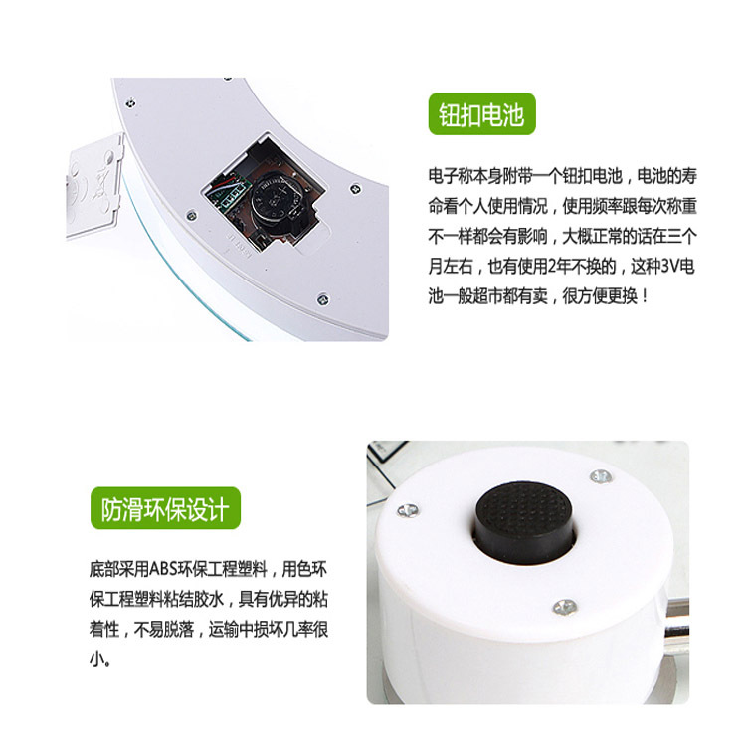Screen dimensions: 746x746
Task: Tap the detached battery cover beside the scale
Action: [x=93, y=187]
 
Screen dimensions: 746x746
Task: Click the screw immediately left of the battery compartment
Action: [x=191, y=215]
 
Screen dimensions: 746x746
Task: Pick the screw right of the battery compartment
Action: [x=355, y=189]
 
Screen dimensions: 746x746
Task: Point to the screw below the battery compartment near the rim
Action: [x=322, y=299]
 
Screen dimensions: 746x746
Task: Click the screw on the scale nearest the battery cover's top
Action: [x=130, y=102]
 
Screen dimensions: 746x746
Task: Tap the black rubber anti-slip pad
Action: [x=523, y=520]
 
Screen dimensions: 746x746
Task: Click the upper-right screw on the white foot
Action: [x=601, y=475]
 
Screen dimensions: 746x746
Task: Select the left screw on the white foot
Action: [x=408, y=510]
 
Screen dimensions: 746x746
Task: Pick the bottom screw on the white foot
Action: [x=565, y=607]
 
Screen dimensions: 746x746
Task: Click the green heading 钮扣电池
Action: [x=482, y=114]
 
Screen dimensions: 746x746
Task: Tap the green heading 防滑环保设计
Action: [x=165, y=508]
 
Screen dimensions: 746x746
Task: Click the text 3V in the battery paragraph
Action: [x=671, y=267]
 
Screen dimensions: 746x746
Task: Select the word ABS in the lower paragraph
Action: [x=163, y=569]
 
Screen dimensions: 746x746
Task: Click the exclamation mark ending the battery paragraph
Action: [x=645, y=296]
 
